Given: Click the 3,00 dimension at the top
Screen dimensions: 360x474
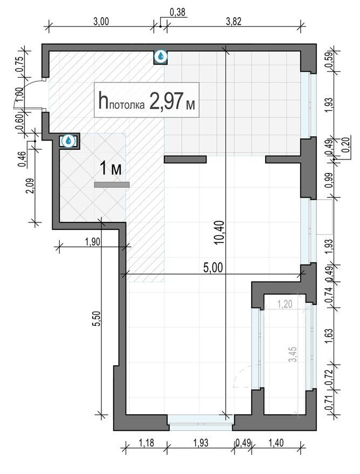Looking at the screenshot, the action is point(101,22).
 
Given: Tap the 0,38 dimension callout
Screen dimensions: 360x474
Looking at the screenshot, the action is point(177,12).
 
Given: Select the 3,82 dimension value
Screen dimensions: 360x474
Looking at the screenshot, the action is point(233,22).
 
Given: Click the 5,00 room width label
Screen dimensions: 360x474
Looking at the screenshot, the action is point(213,268).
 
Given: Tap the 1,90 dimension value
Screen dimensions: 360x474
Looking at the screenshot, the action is point(93,242).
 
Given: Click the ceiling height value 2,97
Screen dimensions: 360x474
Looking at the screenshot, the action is point(166,102).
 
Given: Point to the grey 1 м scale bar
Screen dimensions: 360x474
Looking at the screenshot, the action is point(112,185).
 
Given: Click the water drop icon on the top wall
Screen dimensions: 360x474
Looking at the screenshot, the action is point(161,56).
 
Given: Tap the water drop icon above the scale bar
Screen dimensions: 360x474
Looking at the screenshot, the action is point(70,141).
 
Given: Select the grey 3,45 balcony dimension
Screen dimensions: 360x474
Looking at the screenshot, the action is point(293,354).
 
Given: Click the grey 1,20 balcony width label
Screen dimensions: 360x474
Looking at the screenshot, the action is point(285,304).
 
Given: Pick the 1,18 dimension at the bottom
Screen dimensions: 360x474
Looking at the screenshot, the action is point(147,443).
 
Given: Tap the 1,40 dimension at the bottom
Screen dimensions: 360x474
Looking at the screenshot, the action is point(276,443).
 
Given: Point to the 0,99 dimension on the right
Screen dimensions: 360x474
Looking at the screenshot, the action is point(329,180).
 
